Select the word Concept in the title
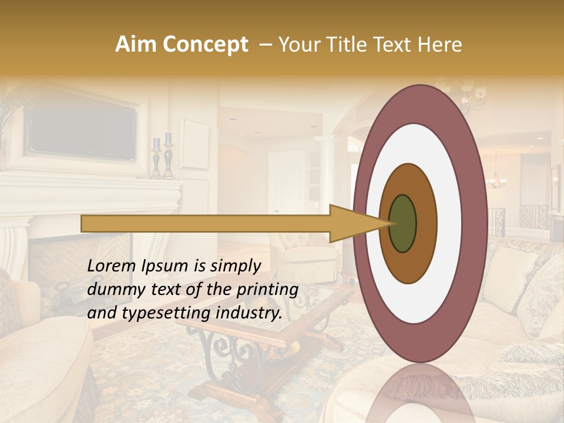pyautogui.click(x=205, y=45)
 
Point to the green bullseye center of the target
pyautogui.click(x=402, y=223)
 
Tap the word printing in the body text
pyautogui.click(x=270, y=290)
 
